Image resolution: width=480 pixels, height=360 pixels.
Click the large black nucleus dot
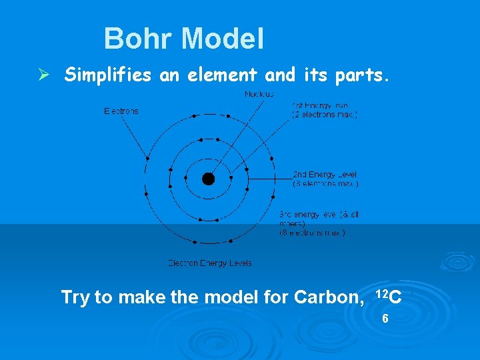tap(209, 179)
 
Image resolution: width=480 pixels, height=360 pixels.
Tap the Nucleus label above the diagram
tap(259, 95)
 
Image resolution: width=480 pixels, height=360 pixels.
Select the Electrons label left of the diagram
tap(121, 111)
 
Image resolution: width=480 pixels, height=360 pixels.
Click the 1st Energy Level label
tap(320, 105)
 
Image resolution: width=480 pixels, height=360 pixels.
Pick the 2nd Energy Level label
tap(325, 175)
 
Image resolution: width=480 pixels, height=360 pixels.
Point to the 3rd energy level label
tap(319, 215)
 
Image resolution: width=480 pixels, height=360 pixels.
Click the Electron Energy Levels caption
tap(209, 263)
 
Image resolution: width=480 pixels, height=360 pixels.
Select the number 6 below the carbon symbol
tap(385, 319)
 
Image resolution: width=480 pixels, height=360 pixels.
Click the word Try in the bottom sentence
tap(75, 297)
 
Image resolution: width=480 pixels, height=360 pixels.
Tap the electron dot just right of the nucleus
tap(231, 178)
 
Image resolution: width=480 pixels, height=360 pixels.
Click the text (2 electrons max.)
tap(325, 115)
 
